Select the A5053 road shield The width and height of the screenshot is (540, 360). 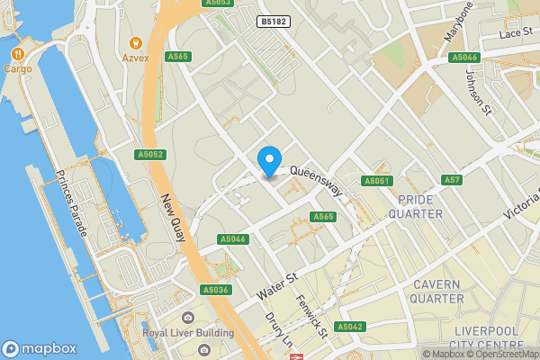click(219, 3)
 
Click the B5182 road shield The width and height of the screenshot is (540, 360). click(274, 21)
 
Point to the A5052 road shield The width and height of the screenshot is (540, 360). click(150, 155)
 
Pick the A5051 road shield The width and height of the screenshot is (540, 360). click(377, 181)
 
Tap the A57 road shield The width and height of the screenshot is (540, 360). click(452, 181)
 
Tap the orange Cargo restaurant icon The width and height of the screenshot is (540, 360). click(18, 53)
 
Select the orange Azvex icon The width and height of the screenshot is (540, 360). click(136, 42)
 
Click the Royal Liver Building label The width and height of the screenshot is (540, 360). click(188, 332)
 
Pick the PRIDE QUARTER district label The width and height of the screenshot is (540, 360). click(415, 206)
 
